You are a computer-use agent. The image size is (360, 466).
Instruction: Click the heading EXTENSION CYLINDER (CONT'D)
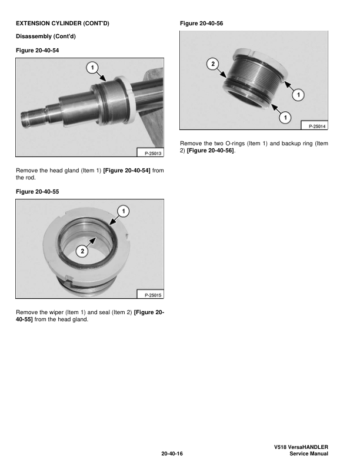[x=62, y=24]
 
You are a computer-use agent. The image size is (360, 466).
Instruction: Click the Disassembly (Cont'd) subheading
[x=48, y=37]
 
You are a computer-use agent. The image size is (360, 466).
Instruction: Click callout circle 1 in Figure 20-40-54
[x=92, y=68]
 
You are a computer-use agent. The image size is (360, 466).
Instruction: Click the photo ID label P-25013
[x=149, y=154]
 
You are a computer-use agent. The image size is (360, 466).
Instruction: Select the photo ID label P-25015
[x=149, y=294]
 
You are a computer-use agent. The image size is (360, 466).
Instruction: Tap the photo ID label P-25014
[x=314, y=126]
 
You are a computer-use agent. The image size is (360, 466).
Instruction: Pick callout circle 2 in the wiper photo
[x=82, y=251]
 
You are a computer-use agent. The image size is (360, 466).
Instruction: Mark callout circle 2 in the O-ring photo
[x=213, y=62]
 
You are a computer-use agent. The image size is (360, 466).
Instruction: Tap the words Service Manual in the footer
[x=305, y=454]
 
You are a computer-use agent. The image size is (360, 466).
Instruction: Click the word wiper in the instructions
[x=59, y=312]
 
